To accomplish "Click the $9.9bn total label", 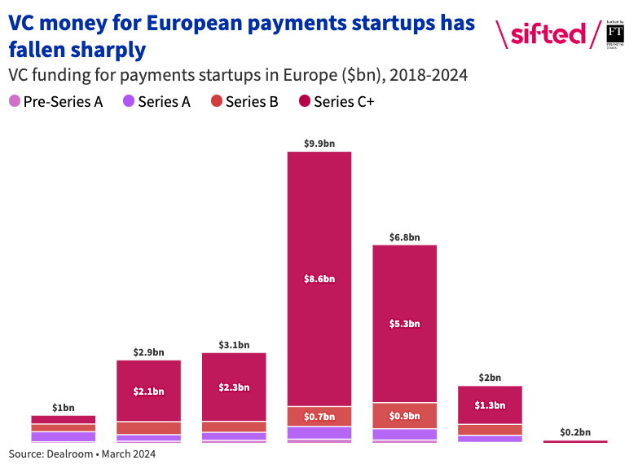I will (x=319, y=144).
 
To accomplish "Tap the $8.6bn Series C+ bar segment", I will (x=319, y=278).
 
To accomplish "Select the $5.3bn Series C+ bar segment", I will (x=404, y=323).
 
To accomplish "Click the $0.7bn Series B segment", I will (x=319, y=417).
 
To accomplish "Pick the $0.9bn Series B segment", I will (x=404, y=416).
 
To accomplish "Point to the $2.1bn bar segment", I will (x=148, y=391).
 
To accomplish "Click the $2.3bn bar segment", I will (x=234, y=387).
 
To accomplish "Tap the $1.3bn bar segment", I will (x=490, y=405).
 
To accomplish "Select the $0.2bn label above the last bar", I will (x=575, y=432).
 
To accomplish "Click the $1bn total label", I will (x=64, y=407).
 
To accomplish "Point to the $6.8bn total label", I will (x=404, y=237).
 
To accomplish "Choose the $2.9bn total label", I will (x=148, y=352).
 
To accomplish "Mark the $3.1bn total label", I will (x=234, y=345).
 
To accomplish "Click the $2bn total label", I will (x=490, y=378).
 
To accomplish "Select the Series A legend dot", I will (x=129, y=102).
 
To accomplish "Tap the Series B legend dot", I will (x=216, y=102).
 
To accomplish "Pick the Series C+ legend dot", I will (x=304, y=102).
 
